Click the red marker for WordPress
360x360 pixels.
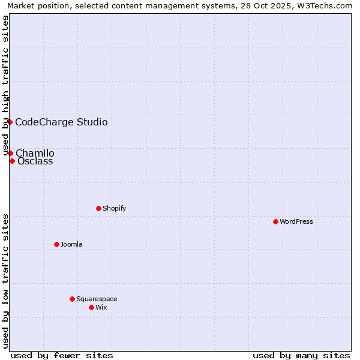(x=275, y=221)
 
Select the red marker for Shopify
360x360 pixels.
(x=98, y=208)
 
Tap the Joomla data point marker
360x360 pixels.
(x=56, y=244)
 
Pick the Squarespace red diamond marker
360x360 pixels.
(x=72, y=299)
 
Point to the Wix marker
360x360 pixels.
(x=91, y=307)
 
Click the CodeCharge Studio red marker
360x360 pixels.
(x=10, y=122)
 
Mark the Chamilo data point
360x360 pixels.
(x=10, y=153)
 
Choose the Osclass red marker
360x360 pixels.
(x=12, y=161)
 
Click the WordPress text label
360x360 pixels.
(x=296, y=221)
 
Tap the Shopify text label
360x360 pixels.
(x=114, y=208)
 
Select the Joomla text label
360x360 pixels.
(x=71, y=244)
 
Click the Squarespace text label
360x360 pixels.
(x=97, y=299)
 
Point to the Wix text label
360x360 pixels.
(x=101, y=307)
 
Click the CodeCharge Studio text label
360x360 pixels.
(x=61, y=122)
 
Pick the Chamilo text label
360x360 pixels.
(x=35, y=153)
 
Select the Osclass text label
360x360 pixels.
(x=35, y=161)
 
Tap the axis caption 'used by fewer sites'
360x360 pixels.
(x=62, y=355)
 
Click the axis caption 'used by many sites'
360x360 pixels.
(x=301, y=355)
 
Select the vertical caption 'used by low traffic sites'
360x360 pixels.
(x=6, y=281)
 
